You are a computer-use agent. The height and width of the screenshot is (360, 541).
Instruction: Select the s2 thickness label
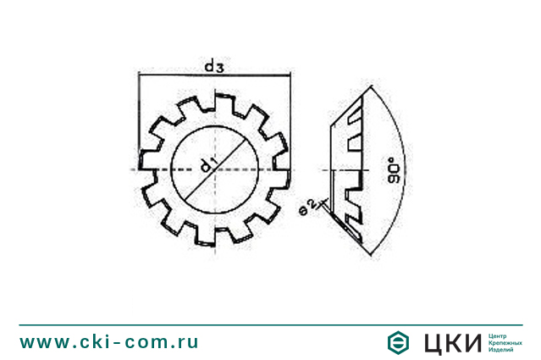309,206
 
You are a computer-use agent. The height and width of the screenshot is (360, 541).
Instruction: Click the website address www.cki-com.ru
109,342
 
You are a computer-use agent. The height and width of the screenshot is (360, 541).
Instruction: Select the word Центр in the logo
500,335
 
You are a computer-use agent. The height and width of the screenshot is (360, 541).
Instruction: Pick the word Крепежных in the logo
505,342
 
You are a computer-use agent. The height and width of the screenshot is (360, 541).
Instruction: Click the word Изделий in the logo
502,349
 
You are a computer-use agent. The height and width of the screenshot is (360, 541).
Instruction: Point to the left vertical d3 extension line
138,119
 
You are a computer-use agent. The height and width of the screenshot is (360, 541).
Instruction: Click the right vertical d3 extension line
290,119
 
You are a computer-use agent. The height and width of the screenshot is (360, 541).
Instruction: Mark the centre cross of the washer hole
215,169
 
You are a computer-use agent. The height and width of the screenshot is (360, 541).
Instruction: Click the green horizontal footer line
270,324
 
